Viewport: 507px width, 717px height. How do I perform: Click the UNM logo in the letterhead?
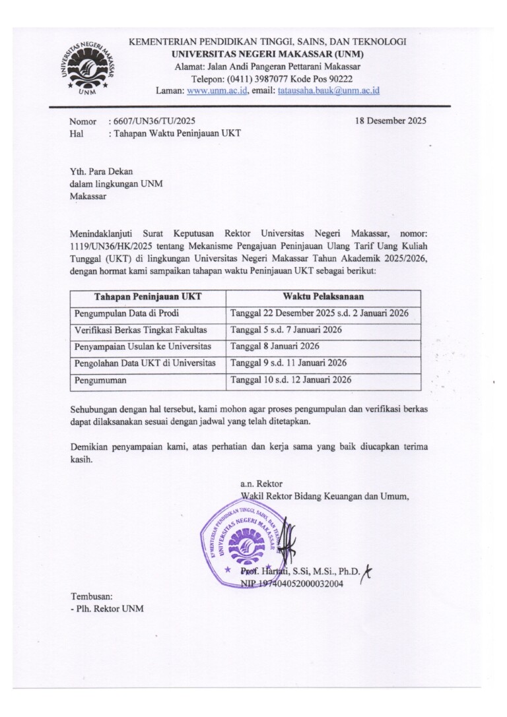click(88, 67)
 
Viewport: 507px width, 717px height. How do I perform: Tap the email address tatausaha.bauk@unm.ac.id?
click(328, 90)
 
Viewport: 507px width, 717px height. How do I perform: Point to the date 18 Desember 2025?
click(390, 121)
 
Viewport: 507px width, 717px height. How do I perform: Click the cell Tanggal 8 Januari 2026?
click(275, 346)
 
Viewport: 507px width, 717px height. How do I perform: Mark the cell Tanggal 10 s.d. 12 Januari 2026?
click(291, 379)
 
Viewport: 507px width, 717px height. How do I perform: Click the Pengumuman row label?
click(101, 380)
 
